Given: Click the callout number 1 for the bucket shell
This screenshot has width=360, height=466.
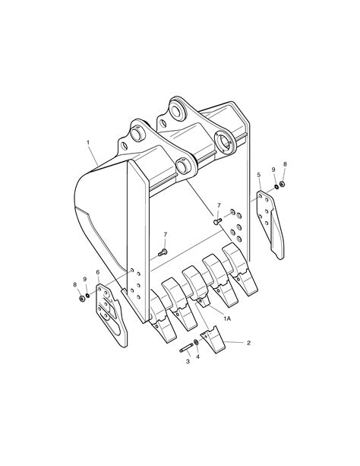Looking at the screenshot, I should [88, 142].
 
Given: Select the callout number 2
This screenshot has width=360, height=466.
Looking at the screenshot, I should [248, 343].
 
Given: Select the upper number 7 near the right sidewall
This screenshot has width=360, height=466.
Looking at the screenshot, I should [219, 205].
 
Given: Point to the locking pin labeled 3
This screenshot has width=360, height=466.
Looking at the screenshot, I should [186, 349].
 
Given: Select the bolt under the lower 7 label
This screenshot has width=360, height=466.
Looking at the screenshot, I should [163, 252].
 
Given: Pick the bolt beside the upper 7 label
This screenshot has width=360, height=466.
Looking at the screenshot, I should [216, 220].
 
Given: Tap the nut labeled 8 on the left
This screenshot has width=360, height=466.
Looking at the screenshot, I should [81, 297].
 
